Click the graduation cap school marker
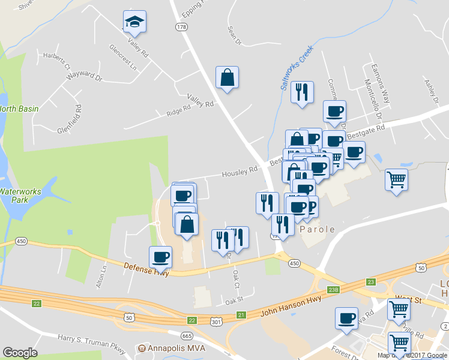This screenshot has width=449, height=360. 134,22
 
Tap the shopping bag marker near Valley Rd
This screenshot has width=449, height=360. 228,78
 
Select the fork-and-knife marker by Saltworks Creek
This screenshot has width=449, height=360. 302,92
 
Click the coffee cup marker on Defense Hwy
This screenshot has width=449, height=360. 160,257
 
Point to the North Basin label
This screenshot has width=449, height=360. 19,109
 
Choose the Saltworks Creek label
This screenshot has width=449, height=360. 298,70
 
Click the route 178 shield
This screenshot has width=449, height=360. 181,27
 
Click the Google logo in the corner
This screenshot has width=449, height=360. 20,352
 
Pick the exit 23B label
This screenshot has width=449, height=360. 334,290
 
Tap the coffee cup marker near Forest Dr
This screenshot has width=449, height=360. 347,319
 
